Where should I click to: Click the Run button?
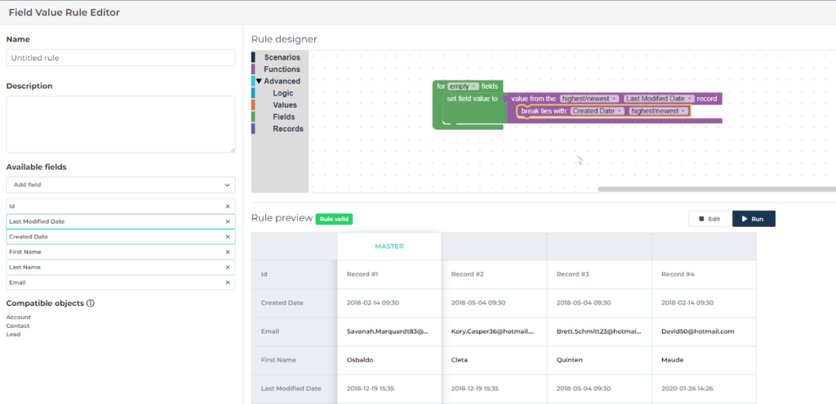(x=753, y=219)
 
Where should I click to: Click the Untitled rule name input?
(x=120, y=58)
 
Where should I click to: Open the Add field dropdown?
(x=120, y=185)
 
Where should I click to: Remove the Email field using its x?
(x=228, y=282)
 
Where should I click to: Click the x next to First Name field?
(x=228, y=252)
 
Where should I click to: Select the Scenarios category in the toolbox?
(x=282, y=57)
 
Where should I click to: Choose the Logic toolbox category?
(x=283, y=93)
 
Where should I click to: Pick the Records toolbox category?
(x=287, y=129)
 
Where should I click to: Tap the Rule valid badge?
(x=334, y=219)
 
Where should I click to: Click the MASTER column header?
(x=389, y=246)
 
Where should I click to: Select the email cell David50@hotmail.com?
(x=698, y=331)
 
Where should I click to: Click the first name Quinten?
(x=573, y=360)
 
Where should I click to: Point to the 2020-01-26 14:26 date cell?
(x=687, y=388)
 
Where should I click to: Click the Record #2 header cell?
(x=468, y=274)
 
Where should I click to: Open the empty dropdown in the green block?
(x=463, y=86)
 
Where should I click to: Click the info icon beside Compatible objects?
(x=91, y=304)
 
